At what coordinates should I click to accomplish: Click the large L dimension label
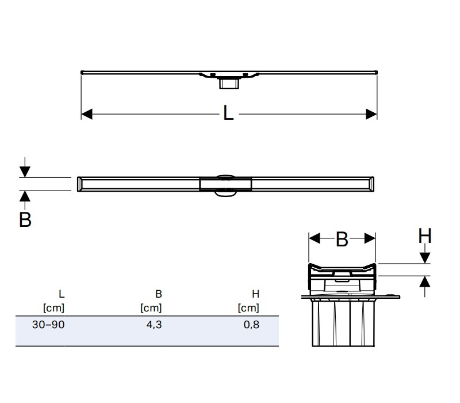pos(228,112)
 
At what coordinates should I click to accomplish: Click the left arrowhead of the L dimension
pos(87,114)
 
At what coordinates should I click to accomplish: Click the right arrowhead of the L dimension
pos(371,114)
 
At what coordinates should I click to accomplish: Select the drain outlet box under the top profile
pos(229,83)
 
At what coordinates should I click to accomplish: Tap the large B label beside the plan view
pos(25,219)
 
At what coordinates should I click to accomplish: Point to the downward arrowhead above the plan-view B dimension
pos(25,172)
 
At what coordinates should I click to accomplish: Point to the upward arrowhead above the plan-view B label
pos(25,196)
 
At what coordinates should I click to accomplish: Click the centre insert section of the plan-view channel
pos(225,184)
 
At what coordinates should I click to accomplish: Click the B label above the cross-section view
pos(342,239)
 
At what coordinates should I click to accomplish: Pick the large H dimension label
pos(425,235)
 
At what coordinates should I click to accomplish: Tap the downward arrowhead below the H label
pos(425,258)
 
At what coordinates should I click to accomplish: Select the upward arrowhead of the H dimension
pos(425,282)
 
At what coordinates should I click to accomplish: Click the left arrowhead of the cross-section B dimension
pos(315,238)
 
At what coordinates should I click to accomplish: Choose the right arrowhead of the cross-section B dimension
pos(370,238)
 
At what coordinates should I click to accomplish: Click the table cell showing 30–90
pos(48,325)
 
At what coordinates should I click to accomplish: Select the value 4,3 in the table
pos(154,325)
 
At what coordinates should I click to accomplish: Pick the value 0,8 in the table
pos(251,325)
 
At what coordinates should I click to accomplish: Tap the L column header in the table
pos(62,294)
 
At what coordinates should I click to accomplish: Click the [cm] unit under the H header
pos(248,308)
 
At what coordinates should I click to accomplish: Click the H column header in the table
pos(255,294)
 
